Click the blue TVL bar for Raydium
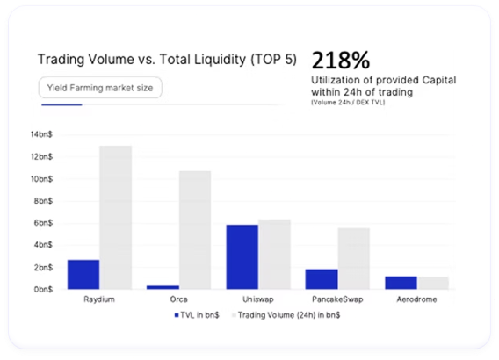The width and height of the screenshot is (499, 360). tap(83, 274)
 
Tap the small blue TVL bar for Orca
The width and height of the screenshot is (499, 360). tap(163, 286)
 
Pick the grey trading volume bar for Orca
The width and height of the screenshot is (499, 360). tap(195, 229)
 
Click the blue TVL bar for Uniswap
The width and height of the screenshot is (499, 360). tap(242, 256)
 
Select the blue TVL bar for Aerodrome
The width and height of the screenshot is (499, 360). tap(401, 282)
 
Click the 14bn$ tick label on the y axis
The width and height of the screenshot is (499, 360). tap(41, 134)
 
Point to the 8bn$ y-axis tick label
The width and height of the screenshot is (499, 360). tap(43, 200)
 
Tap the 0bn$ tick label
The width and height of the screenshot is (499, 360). tap(43, 289)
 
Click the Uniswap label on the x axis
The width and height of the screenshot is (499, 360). tap(258, 299)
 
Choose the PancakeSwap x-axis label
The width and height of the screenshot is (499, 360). tap(337, 299)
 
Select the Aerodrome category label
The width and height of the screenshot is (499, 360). tap(416, 299)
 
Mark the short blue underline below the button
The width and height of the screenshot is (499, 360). tap(62, 104)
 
